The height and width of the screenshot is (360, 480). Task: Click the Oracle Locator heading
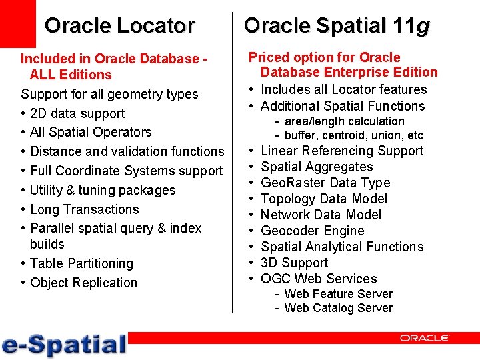[x=119, y=25]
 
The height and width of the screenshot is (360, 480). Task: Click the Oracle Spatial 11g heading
[x=337, y=25]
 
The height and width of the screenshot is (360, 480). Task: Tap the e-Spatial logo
[x=64, y=344]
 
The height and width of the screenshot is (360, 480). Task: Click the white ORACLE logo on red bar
[x=424, y=338]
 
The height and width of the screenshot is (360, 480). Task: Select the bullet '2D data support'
[x=77, y=113]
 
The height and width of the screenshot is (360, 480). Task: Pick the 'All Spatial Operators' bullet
[x=91, y=132]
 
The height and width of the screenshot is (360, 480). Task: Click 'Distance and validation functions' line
[x=127, y=151]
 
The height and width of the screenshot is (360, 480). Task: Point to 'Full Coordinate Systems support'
[x=127, y=171]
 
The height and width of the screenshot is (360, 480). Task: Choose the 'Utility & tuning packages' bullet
[x=103, y=190]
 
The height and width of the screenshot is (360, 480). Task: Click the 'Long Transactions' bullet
[x=85, y=209]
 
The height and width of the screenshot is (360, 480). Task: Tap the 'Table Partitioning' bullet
[x=81, y=263]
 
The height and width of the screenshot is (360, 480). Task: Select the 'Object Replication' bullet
[x=83, y=283]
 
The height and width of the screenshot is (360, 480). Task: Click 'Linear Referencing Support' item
[x=341, y=151]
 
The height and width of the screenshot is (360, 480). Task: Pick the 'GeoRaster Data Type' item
[x=325, y=183]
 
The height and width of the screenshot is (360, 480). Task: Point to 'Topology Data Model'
[x=323, y=199]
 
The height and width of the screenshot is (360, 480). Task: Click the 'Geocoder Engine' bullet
[x=312, y=231]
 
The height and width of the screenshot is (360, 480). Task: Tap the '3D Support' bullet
[x=294, y=263]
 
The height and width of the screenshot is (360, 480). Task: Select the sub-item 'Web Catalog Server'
[x=338, y=308]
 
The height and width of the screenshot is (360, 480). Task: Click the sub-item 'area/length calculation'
[x=344, y=121]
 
